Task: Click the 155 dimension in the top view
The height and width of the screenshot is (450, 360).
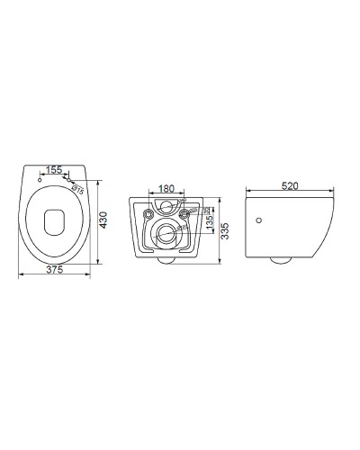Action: [x=55, y=169]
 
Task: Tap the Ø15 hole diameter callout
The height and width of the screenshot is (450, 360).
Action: [x=77, y=189]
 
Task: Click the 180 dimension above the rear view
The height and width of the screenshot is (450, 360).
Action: [x=166, y=190]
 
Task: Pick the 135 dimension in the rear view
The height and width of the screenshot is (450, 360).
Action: [x=209, y=221]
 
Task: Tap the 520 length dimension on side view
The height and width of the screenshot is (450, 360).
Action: [x=290, y=186]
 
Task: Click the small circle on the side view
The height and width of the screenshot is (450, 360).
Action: [x=259, y=220]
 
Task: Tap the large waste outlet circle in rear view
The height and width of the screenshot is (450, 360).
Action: [x=165, y=236]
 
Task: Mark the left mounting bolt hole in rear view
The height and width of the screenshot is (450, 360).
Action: [x=145, y=214]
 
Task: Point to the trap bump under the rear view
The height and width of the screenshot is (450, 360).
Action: [x=165, y=261]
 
